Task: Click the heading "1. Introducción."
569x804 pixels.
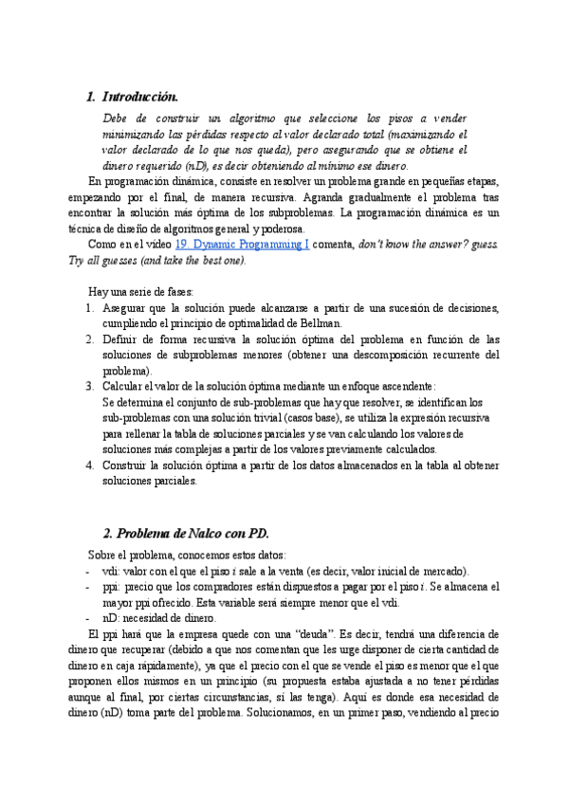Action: tap(132, 97)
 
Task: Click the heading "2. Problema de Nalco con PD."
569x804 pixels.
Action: tap(186, 535)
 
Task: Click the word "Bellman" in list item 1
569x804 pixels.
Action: tap(321, 323)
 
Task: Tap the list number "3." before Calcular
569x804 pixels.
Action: tap(90, 386)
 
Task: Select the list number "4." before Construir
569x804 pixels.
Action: tap(90, 465)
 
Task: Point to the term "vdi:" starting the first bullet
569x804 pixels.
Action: tap(112, 572)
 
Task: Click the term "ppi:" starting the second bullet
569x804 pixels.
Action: tap(113, 587)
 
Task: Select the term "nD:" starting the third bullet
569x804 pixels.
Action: tap(112, 618)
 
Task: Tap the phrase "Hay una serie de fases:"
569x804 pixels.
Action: tap(140, 292)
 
